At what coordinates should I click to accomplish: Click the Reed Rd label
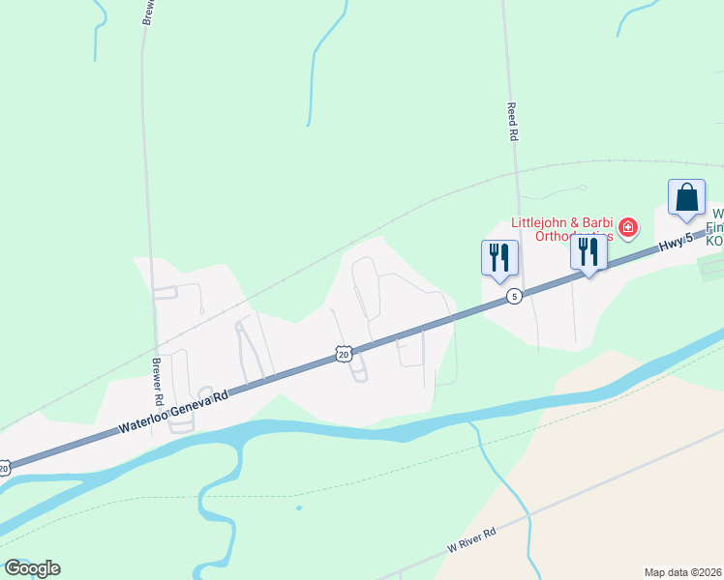[512, 123]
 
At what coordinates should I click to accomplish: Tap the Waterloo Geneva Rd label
[173, 412]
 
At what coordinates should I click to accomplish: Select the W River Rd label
[471, 539]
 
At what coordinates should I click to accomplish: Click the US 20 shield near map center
[344, 355]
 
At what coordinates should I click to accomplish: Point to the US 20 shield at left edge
[4, 468]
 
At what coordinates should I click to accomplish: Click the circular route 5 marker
[515, 296]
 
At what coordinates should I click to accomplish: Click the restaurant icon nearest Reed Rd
[499, 257]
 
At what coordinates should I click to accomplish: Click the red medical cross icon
[628, 228]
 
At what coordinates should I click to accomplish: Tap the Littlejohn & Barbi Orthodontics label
[562, 229]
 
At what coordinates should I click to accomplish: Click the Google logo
[32, 568]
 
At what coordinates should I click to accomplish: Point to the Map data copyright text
[683, 572]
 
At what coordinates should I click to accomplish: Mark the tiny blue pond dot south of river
[298, 507]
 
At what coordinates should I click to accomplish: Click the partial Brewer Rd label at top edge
[148, 13]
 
